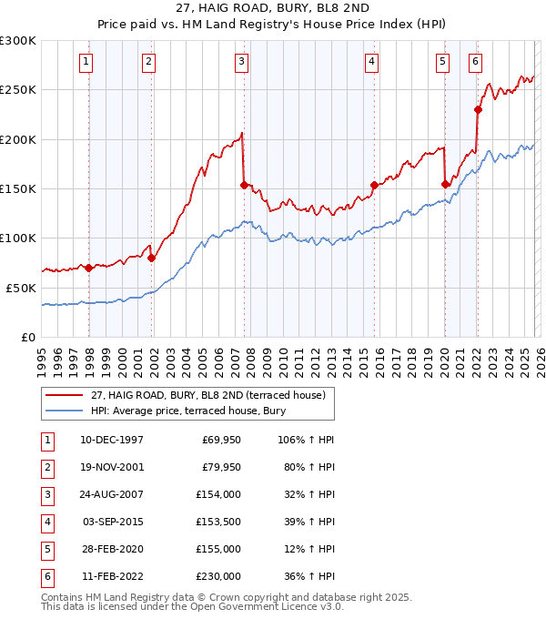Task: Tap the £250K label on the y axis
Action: tap(19, 90)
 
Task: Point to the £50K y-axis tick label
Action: tap(22, 288)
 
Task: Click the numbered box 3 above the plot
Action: tap(241, 62)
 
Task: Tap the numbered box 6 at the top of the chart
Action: tap(475, 62)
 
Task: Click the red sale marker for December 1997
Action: tap(88, 268)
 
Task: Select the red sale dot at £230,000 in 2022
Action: tap(478, 109)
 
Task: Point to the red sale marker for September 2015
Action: tap(374, 185)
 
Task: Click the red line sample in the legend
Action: tap(65, 395)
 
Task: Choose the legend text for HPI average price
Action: tap(187, 411)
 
